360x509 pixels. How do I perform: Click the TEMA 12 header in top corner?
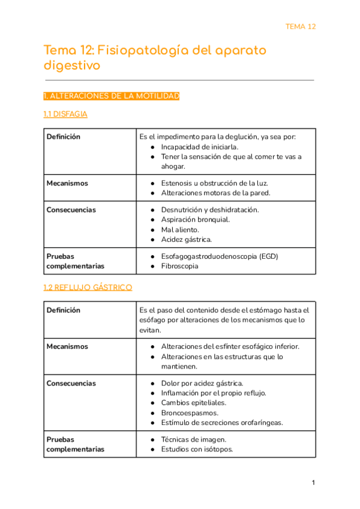pos(300,26)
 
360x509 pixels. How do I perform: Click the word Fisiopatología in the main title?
pos(142,50)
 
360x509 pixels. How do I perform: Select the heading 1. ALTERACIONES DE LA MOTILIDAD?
pos(112,96)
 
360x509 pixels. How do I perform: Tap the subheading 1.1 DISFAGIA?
pos(65,114)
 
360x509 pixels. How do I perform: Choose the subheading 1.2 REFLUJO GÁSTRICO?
pos(88,288)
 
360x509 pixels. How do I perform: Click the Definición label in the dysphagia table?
pos(63,137)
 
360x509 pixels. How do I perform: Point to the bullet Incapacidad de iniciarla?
pos(199,146)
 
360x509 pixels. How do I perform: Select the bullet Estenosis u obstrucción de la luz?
pos(214,183)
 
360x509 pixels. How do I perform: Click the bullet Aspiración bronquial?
pos(195,220)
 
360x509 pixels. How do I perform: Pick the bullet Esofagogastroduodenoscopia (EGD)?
pos(220,256)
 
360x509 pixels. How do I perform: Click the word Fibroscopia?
pos(179,266)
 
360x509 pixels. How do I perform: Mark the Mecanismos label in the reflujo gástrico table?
pos(67,347)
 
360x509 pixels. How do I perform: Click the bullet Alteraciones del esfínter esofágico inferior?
pos(230,347)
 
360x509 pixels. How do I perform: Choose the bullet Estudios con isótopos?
pos(197,450)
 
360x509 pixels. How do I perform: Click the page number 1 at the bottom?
pos(313,483)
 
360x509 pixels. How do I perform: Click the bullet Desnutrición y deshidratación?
pos(209,210)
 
